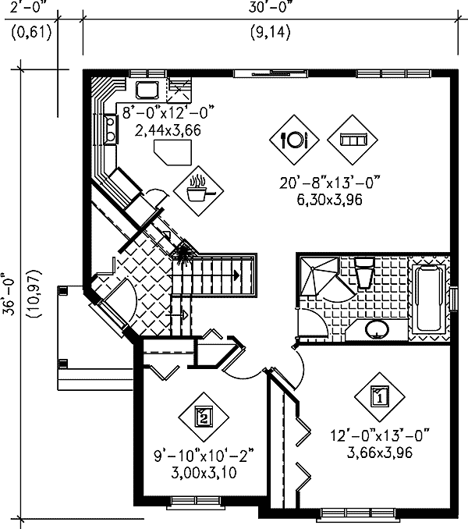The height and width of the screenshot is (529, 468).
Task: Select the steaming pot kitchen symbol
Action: tap(200, 187)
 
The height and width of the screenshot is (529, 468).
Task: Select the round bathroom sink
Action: tap(377, 329)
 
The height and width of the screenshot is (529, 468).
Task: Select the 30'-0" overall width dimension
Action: tap(267, 10)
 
